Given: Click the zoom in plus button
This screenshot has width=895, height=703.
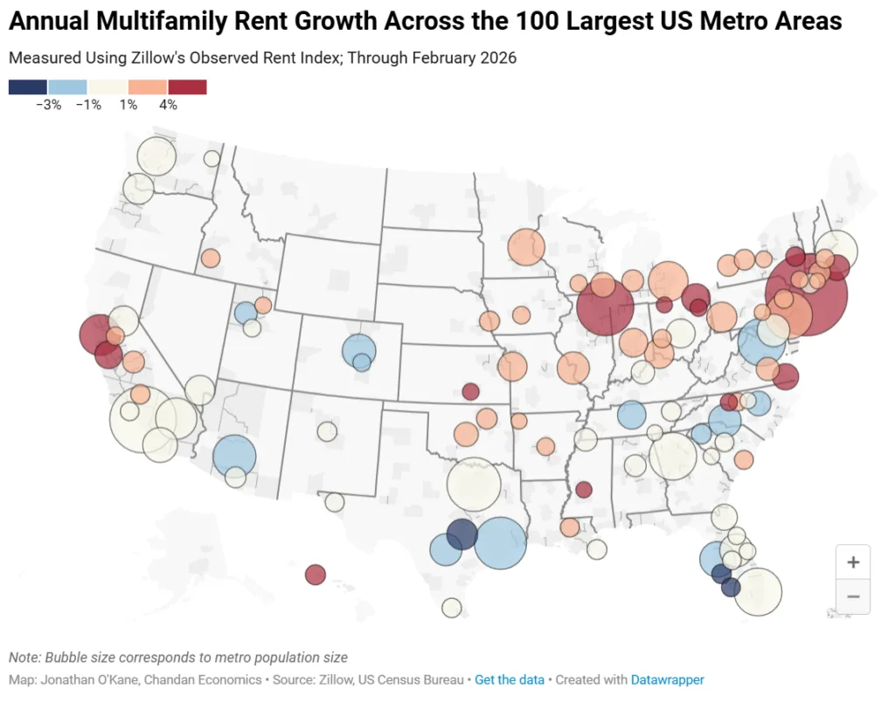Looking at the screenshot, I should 853,562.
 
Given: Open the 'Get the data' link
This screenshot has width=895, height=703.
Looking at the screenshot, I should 509,679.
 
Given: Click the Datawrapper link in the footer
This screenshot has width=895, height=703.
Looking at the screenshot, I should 667,679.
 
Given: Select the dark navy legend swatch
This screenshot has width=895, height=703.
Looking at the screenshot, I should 28,86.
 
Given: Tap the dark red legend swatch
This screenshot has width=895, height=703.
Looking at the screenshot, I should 187,86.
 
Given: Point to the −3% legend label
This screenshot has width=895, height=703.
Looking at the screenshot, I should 48,105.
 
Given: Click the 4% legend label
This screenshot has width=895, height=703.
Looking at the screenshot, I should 168,105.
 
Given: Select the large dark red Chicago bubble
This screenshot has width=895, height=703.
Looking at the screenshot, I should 605,308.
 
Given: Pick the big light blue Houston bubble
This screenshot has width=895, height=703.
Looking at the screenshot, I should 500,543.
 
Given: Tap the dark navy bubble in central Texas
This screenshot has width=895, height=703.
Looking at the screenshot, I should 461,534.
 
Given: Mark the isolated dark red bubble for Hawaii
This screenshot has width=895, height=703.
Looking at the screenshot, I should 316,575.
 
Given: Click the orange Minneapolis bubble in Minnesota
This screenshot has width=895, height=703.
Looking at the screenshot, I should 525,247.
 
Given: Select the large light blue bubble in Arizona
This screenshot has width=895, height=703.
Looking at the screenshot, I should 234,455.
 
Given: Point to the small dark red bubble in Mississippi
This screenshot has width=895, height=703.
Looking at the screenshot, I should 584,490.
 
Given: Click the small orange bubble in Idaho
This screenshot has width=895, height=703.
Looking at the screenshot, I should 211,258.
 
